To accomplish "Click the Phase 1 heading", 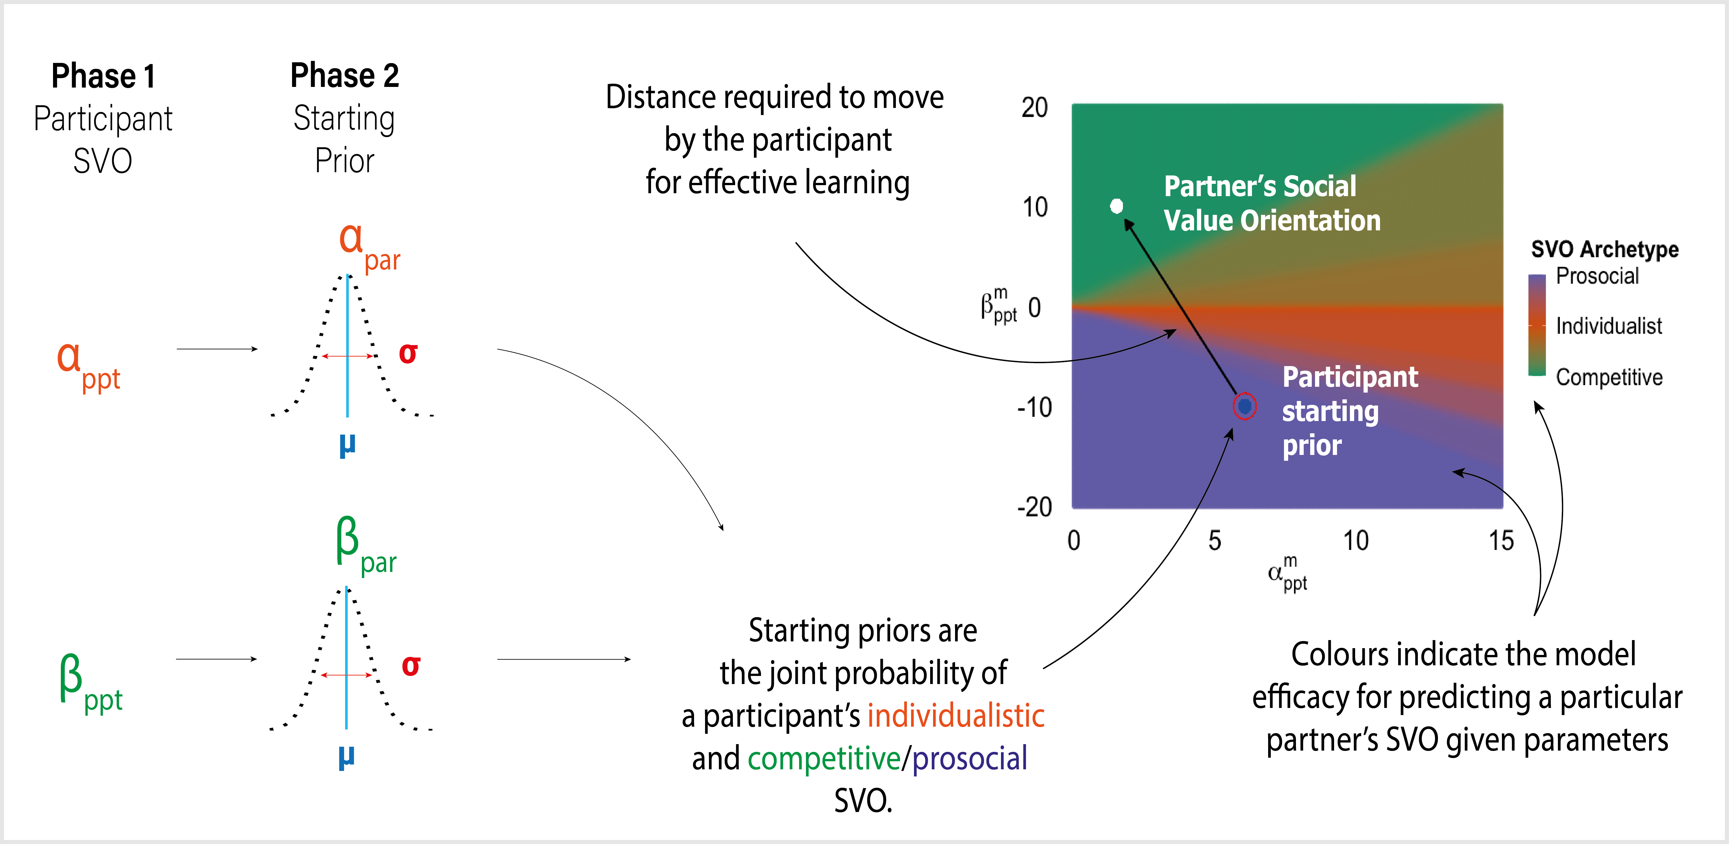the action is (x=103, y=76).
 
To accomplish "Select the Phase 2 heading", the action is (x=344, y=75).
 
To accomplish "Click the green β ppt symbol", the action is (x=89, y=683).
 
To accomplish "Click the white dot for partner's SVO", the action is (x=1116, y=206).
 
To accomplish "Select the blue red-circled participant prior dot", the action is (x=1245, y=406).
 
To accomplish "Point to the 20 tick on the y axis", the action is (x=1034, y=107).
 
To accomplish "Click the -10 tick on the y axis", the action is (x=1034, y=407).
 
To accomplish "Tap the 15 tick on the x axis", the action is (x=1501, y=541).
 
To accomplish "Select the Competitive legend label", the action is (x=1609, y=377).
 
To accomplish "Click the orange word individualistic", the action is (x=956, y=716).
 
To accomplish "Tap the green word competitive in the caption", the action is (x=823, y=759).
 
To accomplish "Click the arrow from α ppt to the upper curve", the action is (x=217, y=349).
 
